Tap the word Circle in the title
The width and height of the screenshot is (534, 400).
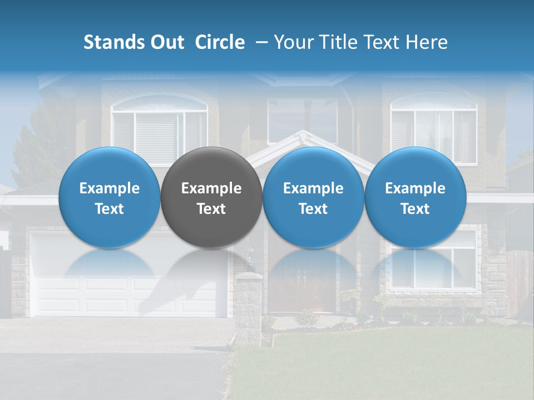click(x=220, y=42)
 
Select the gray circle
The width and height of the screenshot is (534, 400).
click(x=211, y=197)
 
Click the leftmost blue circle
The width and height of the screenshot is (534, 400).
click(x=110, y=197)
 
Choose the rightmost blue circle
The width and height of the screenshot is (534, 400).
click(x=416, y=197)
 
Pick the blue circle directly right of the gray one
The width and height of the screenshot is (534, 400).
click(x=313, y=197)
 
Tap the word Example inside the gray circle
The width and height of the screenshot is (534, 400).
click(x=211, y=188)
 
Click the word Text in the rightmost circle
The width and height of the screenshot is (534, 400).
click(x=416, y=209)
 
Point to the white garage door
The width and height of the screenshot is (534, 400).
click(x=128, y=278)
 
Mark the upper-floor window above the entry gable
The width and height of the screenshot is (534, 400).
click(x=302, y=119)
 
